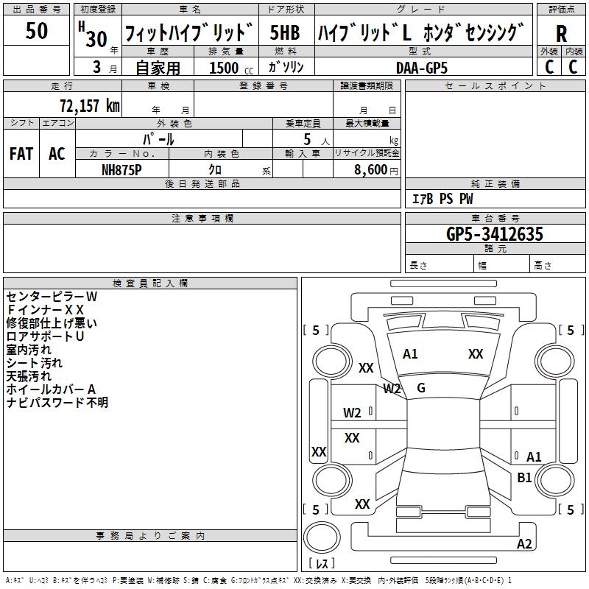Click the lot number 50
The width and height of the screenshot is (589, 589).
[37, 32]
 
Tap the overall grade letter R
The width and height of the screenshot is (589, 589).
[561, 34]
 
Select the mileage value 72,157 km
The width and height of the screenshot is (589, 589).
[89, 106]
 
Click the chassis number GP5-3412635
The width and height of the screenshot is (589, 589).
[495, 235]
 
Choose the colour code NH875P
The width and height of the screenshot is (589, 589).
[121, 169]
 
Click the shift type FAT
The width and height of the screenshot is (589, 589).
[21, 154]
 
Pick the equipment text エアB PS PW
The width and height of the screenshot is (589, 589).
[442, 199]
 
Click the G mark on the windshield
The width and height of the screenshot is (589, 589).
[421, 387]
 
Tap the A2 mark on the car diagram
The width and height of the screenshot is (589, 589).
[524, 544]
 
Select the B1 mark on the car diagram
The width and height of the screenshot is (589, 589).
[524, 478]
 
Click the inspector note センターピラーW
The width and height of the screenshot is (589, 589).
[52, 297]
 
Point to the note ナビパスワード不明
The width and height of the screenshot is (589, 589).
[57, 403]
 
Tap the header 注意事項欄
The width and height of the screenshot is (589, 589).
[202, 219]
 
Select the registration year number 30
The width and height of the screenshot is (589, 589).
[96, 38]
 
